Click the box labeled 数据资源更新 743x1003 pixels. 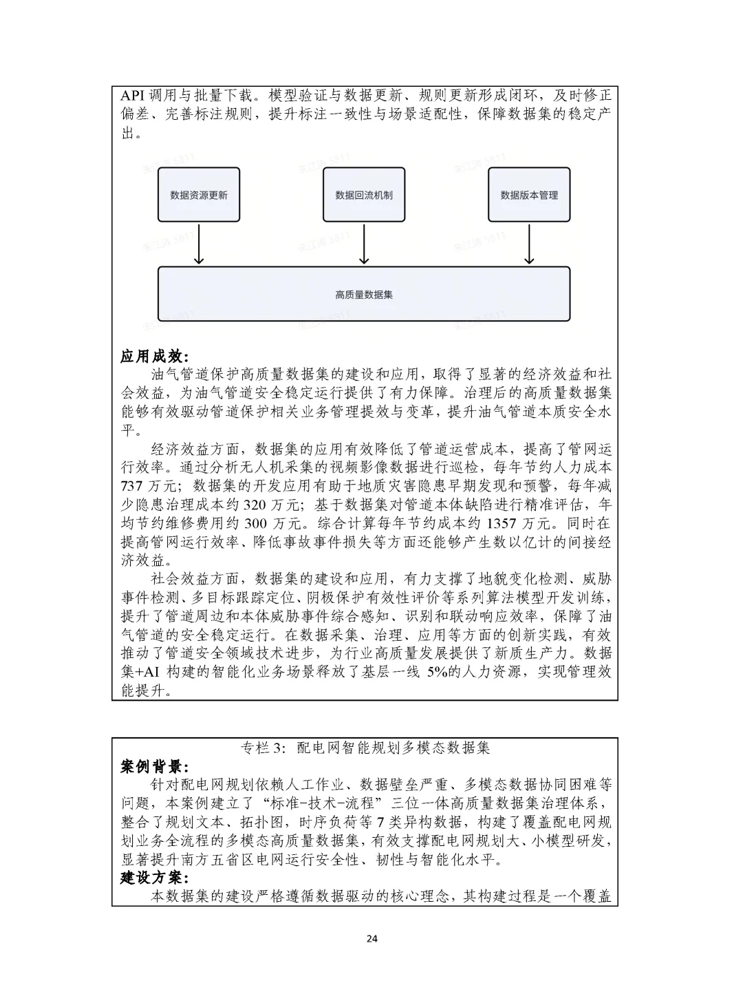(x=199, y=195)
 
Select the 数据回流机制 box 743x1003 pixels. (x=364, y=195)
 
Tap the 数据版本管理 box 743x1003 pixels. (x=529, y=195)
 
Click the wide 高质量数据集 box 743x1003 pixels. (x=364, y=295)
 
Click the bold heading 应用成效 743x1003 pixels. (x=153, y=356)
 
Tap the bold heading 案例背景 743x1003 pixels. (x=153, y=766)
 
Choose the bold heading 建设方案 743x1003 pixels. (x=153, y=878)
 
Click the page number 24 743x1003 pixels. (x=372, y=938)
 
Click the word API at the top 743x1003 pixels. (x=134, y=96)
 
